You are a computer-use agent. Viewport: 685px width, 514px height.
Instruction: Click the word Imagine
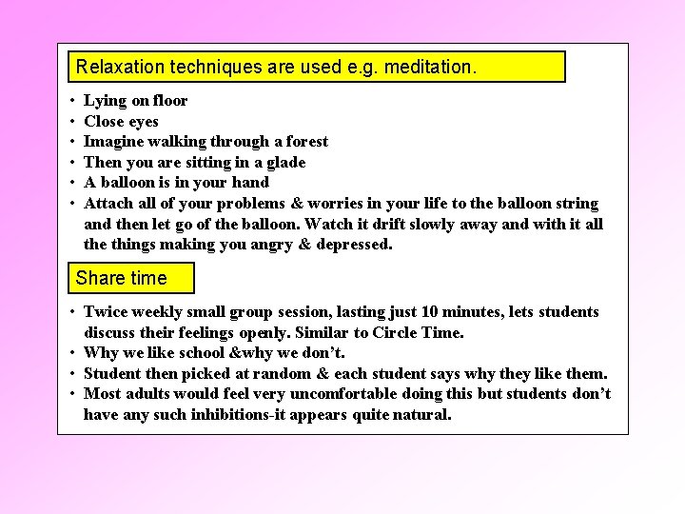coord(113,142)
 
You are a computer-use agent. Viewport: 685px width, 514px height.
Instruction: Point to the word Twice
coord(105,312)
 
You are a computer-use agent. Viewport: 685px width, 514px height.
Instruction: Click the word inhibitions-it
coord(217,415)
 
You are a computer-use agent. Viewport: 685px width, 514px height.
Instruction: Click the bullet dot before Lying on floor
coord(72,101)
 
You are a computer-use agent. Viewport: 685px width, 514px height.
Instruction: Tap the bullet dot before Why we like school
coord(72,353)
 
